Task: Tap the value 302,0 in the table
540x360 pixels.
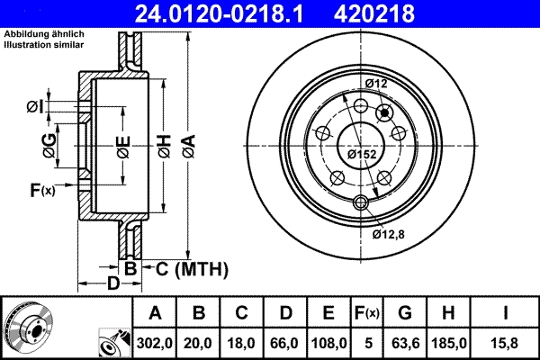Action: tap(155, 343)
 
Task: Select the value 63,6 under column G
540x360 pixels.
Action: tap(404, 343)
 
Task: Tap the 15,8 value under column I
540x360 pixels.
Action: tap(507, 343)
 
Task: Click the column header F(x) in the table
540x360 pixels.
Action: tap(368, 313)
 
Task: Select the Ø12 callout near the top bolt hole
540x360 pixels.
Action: tap(375, 84)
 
